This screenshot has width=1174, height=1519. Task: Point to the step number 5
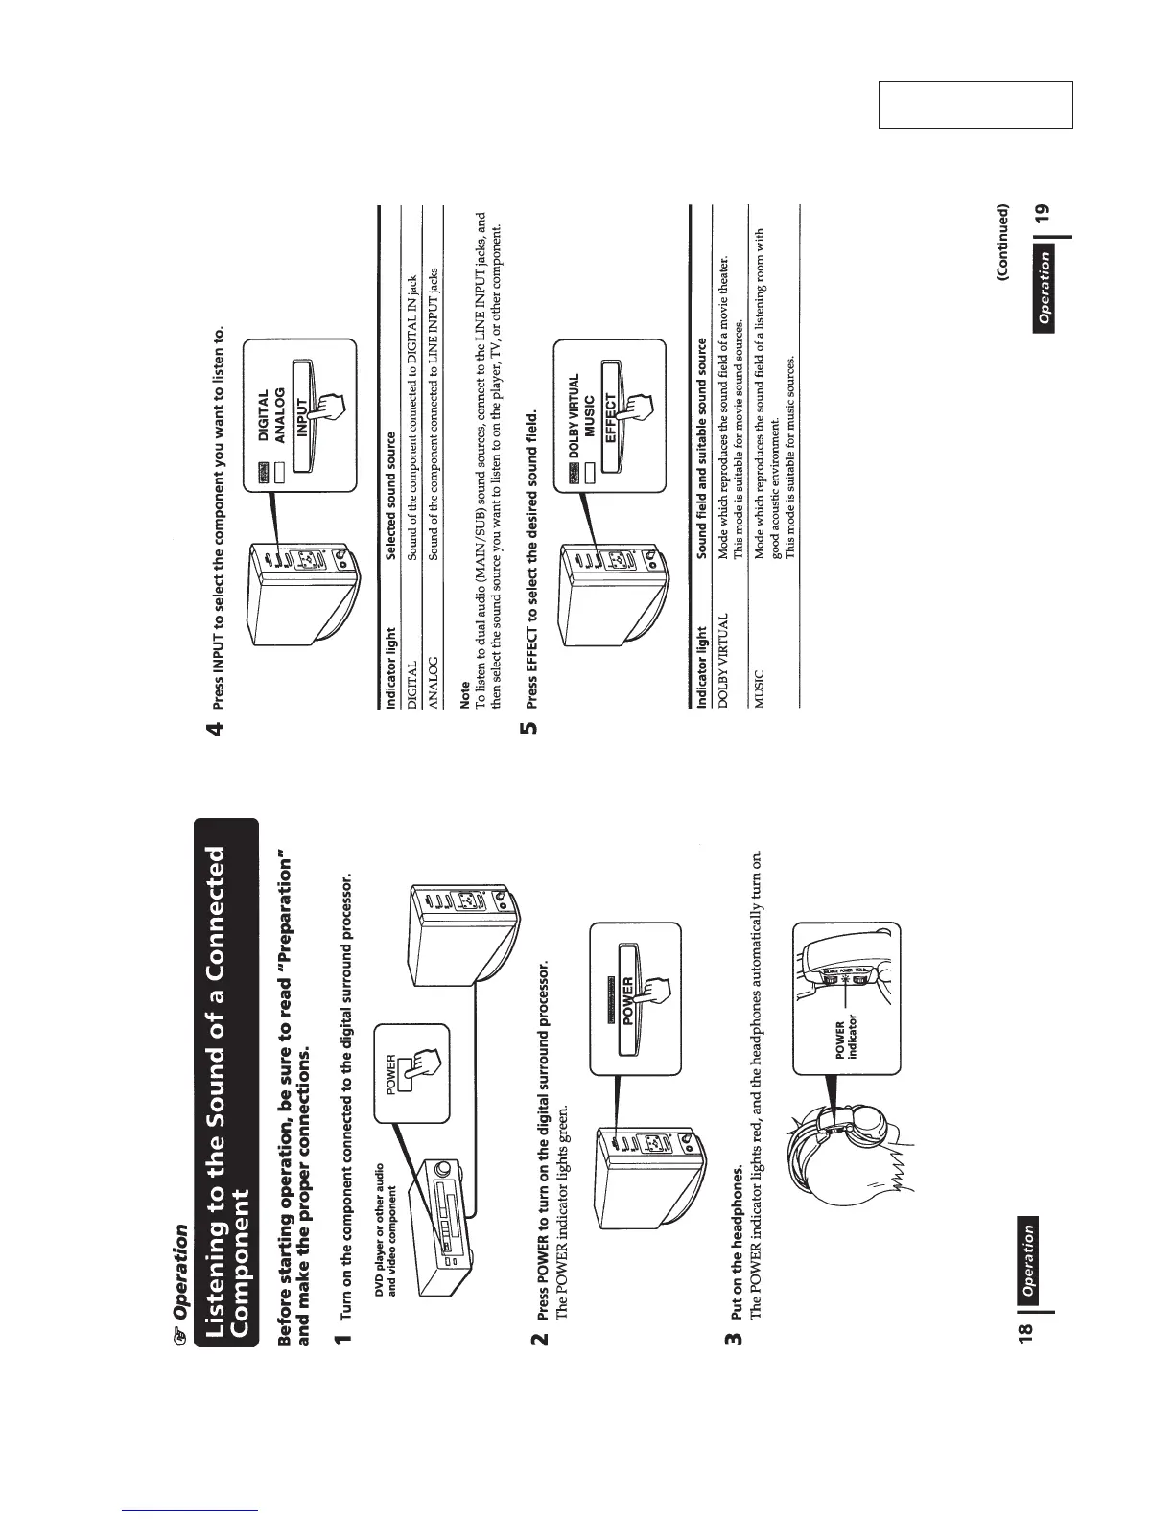tap(528, 728)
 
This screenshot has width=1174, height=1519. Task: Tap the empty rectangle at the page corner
tap(974, 105)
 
